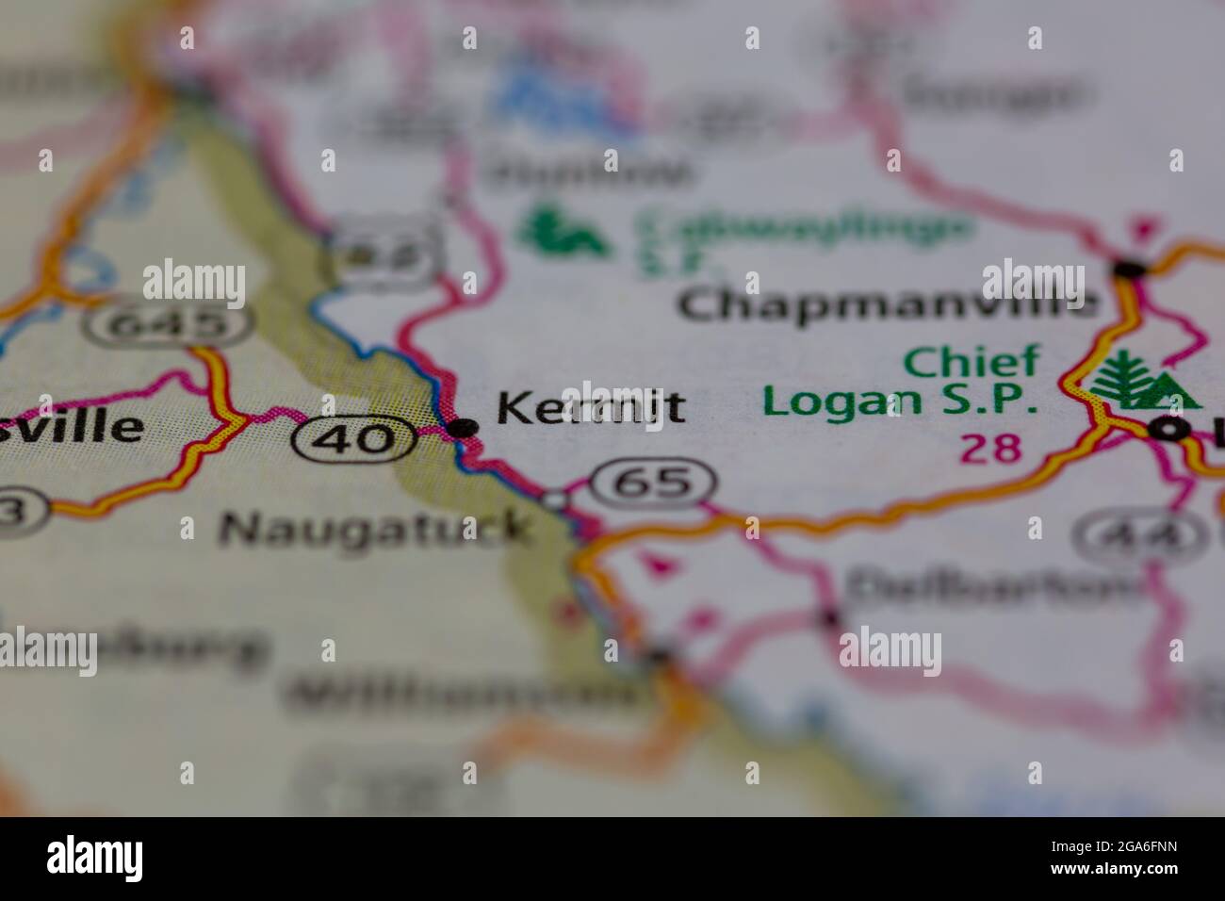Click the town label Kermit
pos(591,408)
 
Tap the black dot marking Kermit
pos(462,429)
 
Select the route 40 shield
pos(353,438)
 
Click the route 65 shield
pos(652,482)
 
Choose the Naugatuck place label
pos(373,529)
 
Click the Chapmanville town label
pos(888,303)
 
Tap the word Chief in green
pos(972,360)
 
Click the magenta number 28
pos(991,449)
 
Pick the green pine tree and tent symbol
pos(1144,380)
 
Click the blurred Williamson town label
pos(462,695)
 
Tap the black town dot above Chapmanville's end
pos(1128,270)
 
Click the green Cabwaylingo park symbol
pos(563,234)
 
